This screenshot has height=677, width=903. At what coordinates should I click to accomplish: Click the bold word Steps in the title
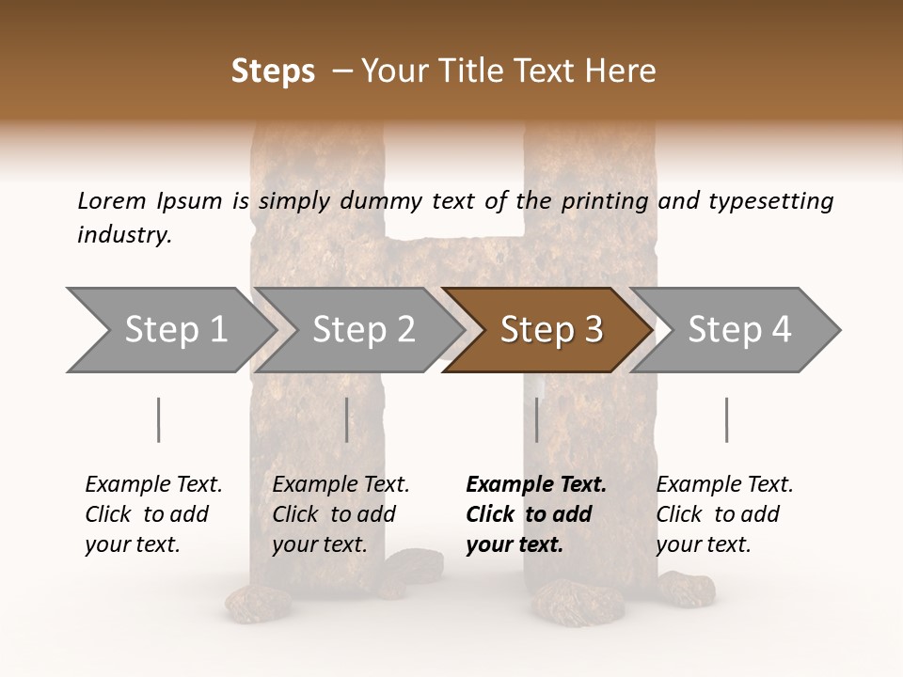[x=273, y=71]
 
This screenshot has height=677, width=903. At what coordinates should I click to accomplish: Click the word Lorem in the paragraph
[x=110, y=200]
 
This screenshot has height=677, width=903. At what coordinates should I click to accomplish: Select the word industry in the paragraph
[x=124, y=234]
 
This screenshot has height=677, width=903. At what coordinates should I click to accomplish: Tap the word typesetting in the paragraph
[x=770, y=200]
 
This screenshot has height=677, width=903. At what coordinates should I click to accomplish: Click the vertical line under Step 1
[x=159, y=419]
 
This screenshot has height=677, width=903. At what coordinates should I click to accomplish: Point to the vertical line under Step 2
[x=347, y=419]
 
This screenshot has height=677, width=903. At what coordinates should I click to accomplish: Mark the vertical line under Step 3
[x=537, y=419]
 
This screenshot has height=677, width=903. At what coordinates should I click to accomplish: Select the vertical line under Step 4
[x=726, y=419]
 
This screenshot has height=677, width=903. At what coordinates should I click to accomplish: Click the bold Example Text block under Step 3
[x=535, y=514]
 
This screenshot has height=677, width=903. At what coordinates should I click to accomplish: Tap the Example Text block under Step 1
[x=153, y=514]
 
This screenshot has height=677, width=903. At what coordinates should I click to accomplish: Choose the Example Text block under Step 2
[x=341, y=514]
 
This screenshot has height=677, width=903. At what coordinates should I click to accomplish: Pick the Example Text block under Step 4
[x=724, y=514]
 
